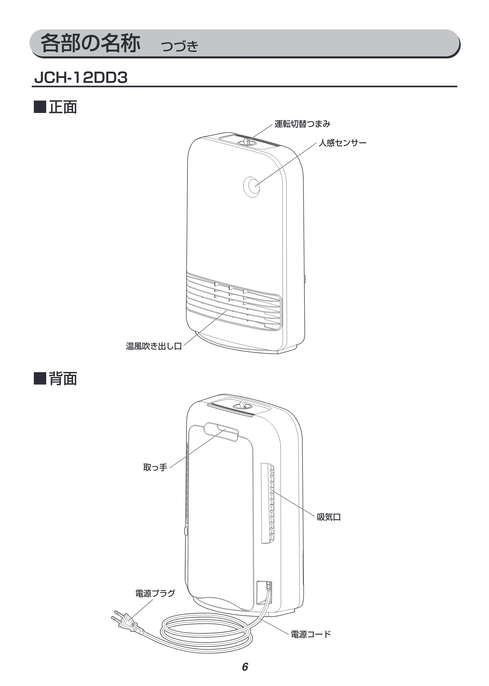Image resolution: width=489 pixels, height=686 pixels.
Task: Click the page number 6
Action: (245, 667)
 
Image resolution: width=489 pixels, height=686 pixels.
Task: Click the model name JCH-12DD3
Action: (81, 78)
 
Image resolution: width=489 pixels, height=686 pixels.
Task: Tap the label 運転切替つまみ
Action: (302, 124)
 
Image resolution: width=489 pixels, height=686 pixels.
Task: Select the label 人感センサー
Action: (342, 143)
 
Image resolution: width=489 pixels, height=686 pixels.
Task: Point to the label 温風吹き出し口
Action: (154, 346)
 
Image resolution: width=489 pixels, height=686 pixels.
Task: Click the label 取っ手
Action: (155, 467)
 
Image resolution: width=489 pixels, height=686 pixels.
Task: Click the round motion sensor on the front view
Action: (251, 187)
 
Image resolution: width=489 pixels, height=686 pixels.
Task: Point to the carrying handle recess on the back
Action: (221, 432)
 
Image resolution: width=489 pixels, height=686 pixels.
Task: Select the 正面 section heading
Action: (63, 107)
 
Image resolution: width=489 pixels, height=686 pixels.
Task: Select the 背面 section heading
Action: (63, 379)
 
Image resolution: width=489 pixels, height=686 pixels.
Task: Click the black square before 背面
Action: (40, 379)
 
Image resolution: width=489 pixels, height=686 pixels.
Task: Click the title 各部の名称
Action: (90, 43)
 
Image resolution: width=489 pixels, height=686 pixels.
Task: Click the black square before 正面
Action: (40, 107)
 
